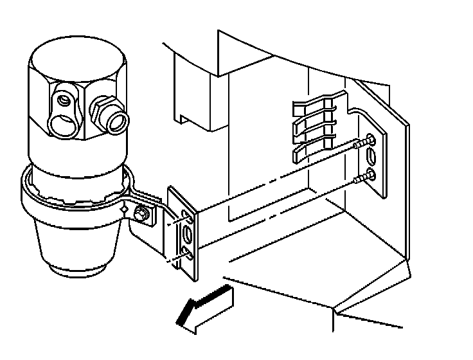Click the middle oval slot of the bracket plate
click(188, 233)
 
